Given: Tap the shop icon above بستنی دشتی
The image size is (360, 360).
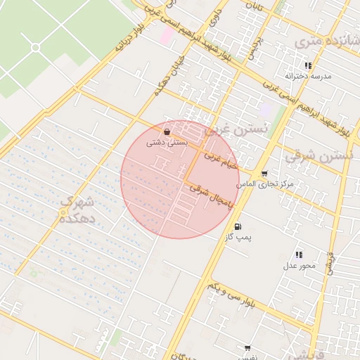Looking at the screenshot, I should click(x=166, y=131).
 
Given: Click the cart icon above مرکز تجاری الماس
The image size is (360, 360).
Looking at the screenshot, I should click(x=264, y=173).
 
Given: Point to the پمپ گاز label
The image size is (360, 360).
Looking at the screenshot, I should click(x=238, y=238).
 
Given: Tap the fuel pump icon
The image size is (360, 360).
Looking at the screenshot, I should click(x=237, y=226).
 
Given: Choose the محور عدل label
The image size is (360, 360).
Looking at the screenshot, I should click(x=300, y=265).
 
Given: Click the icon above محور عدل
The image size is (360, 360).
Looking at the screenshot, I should click(x=299, y=255).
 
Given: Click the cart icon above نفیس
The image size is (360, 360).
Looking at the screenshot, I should click(x=247, y=348).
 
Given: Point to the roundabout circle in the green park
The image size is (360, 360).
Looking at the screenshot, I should click(x=35, y=47).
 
